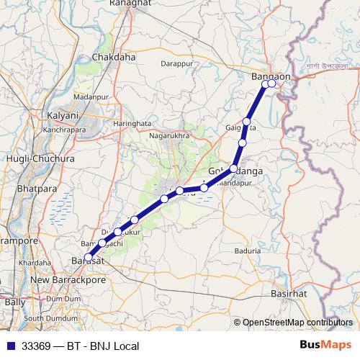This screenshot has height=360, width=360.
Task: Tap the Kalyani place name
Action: tap(62, 115)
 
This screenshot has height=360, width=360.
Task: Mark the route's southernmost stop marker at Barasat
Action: tap(89, 257)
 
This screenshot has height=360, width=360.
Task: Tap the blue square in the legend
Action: tap(9, 346)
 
